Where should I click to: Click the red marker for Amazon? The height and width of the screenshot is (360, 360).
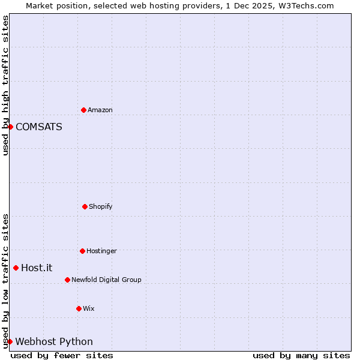83,110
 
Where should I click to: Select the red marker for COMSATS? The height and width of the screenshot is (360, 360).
10,127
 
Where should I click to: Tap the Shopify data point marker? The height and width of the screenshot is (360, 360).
85,206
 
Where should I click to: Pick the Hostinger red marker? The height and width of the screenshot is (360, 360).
82,251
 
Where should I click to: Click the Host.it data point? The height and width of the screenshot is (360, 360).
16,268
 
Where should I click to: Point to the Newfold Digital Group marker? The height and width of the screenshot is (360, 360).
67,280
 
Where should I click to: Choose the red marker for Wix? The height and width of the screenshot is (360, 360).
79,308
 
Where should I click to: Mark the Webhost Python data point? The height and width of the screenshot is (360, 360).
10,341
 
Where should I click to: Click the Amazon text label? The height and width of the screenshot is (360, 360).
100,110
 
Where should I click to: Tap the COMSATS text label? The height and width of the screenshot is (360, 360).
39,127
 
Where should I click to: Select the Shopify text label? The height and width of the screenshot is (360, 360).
101,206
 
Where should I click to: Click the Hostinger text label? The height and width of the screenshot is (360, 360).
101,251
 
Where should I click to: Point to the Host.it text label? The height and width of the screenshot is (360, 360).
37,268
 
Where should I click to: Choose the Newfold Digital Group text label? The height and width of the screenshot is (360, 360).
106,280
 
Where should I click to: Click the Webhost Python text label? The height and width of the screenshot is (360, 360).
54,341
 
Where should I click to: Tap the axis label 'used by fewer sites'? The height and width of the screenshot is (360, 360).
62,355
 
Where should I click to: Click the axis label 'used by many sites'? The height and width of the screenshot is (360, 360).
301,355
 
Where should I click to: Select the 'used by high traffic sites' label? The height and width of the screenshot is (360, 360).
5,85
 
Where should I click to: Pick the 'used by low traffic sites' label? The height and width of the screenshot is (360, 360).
5,281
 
